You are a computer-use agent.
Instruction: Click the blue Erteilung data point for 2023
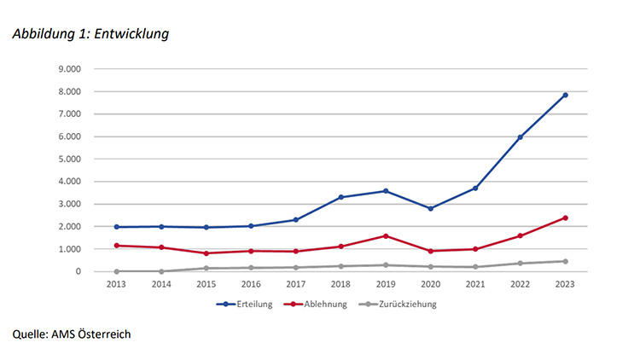(x=565, y=95)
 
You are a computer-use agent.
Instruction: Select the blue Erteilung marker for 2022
(x=520, y=137)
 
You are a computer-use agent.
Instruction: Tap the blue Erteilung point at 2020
(x=430, y=208)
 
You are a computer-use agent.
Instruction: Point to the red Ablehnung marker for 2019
(x=386, y=235)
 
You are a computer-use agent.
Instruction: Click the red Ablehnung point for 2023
(x=565, y=218)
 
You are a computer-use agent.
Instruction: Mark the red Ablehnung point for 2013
(x=116, y=246)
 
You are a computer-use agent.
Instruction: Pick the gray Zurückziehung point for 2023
(x=565, y=261)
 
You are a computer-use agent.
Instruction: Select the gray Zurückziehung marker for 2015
(x=206, y=268)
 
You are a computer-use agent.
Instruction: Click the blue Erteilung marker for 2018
(x=340, y=197)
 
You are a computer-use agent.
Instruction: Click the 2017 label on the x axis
(x=295, y=283)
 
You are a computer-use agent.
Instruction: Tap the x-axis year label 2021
(x=474, y=283)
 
